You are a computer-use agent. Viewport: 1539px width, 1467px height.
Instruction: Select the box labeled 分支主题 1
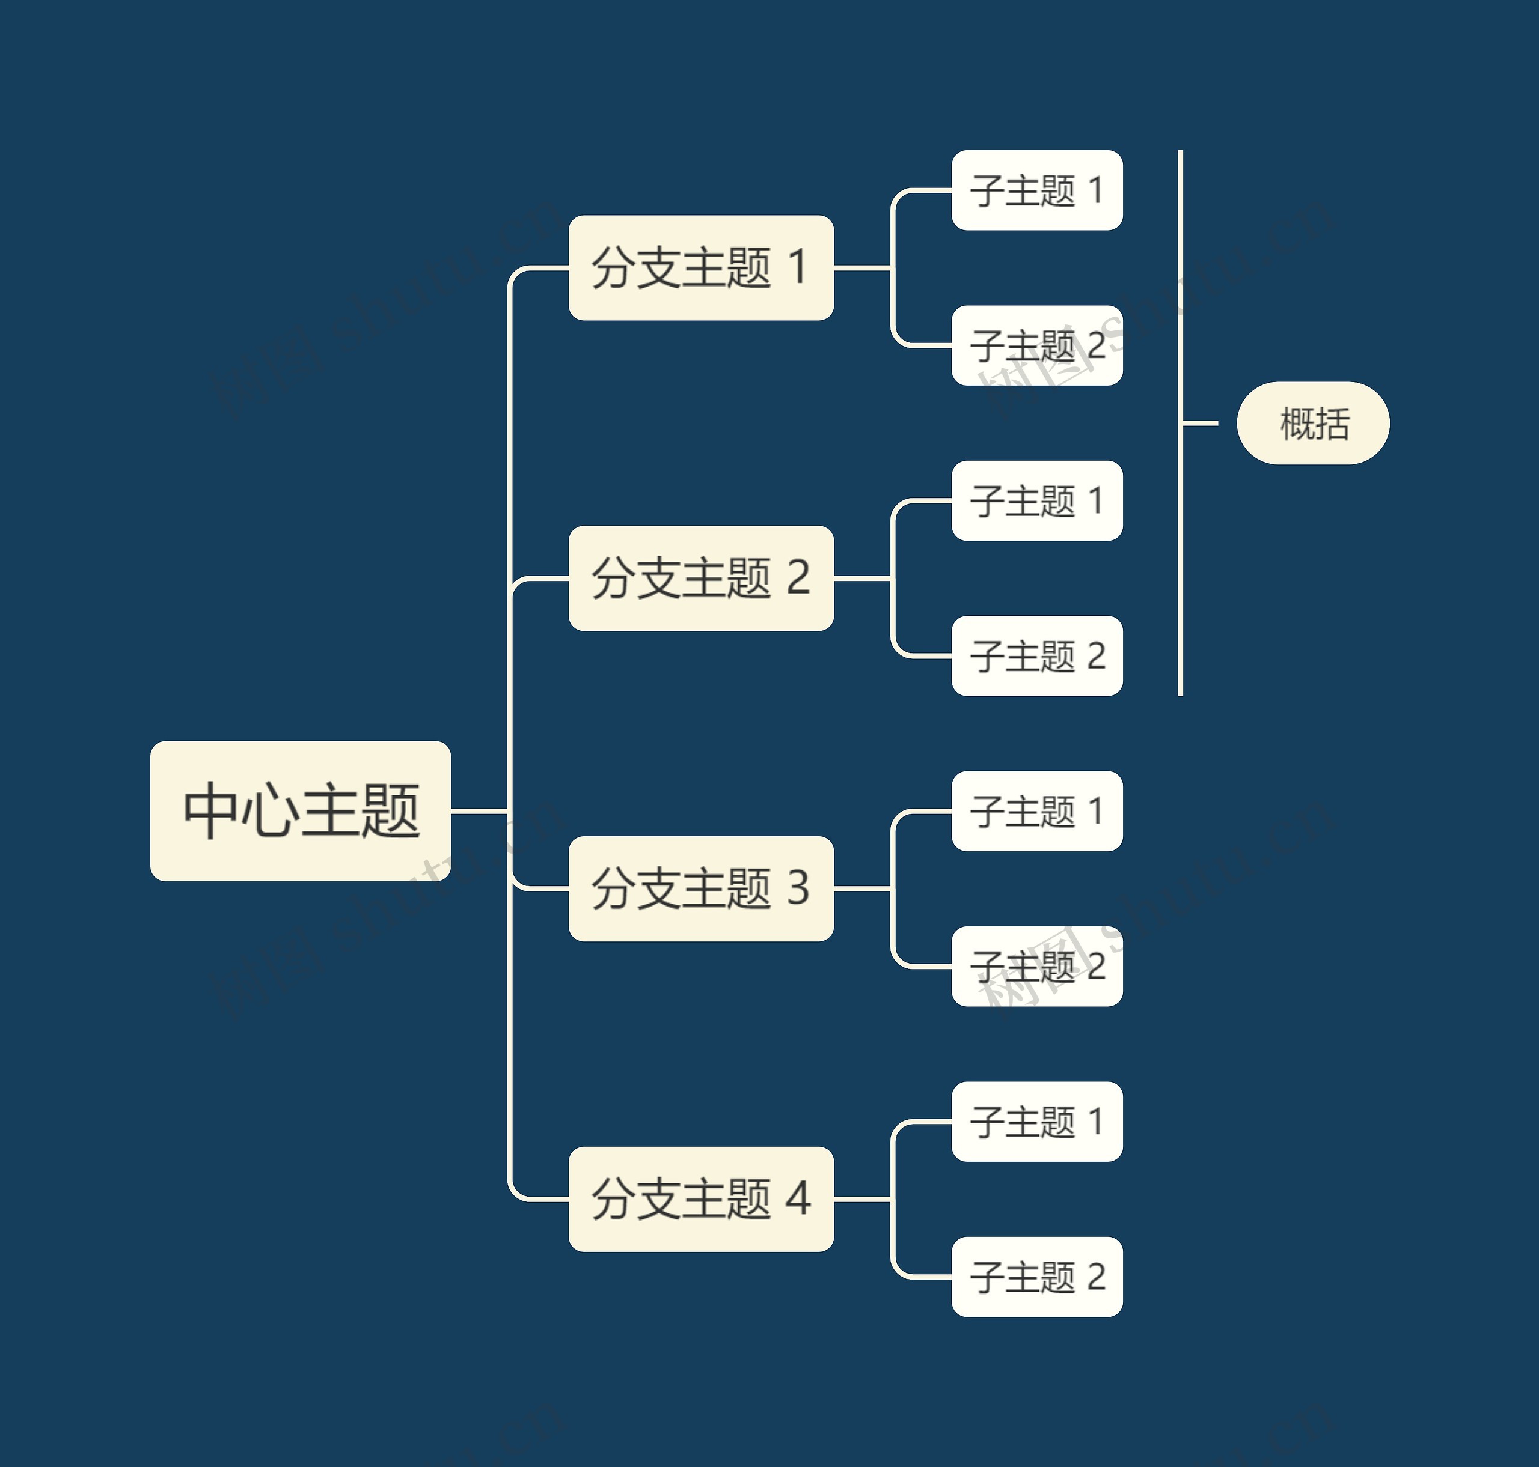tap(700, 267)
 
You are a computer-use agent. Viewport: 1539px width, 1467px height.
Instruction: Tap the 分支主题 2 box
tap(700, 578)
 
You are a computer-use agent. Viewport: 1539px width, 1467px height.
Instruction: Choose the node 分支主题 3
tap(700, 888)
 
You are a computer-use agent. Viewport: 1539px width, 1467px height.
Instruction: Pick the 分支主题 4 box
tap(700, 1199)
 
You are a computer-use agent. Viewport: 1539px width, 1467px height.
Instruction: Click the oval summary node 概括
tap(1313, 423)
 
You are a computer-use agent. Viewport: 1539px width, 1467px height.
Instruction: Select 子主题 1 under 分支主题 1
tap(1036, 190)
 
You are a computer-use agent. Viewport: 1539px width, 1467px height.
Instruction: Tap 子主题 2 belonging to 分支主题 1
tap(1036, 345)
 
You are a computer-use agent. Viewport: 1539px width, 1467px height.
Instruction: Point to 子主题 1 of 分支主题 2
tap(1036, 500)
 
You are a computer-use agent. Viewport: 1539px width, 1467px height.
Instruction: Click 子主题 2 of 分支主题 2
tap(1036, 655)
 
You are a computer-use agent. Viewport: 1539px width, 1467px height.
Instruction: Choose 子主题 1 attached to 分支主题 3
tap(1036, 811)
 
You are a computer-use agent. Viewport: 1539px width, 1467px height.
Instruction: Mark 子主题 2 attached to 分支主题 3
tap(1036, 966)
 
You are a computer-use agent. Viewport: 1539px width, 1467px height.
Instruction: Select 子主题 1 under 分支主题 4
tap(1036, 1122)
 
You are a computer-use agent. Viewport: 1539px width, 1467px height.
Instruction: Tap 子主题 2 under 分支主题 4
tap(1036, 1276)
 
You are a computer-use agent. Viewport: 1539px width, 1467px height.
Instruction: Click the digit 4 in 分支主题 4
tap(797, 1199)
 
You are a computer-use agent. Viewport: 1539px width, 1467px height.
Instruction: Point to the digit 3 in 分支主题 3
tap(797, 888)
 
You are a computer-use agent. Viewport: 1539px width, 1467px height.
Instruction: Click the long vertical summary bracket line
tap(1181, 547)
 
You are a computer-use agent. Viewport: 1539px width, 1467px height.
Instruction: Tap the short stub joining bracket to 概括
tap(1200, 423)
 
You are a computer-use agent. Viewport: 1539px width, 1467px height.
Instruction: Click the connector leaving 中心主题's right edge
tap(479, 811)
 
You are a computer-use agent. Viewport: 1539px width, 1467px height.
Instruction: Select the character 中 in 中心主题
tap(210, 811)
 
